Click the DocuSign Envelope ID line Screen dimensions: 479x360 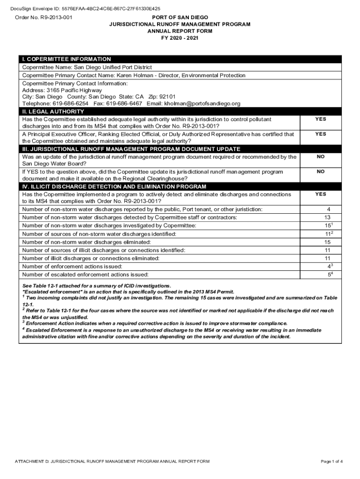click(x=86, y=8)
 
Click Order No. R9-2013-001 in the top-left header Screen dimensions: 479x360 click(x=43, y=17)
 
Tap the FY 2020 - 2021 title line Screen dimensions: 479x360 click(x=180, y=38)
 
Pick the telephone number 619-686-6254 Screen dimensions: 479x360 click(x=70, y=103)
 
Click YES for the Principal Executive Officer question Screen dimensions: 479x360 click(x=320, y=134)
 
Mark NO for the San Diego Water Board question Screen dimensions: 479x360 click(x=320, y=157)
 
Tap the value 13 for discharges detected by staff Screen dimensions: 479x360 click(x=327, y=218)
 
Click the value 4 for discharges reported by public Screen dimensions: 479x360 click(x=329, y=209)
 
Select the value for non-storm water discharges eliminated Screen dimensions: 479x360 click(x=327, y=242)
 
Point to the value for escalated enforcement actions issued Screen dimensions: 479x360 click(x=329, y=275)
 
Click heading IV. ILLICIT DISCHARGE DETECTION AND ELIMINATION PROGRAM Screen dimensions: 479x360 click(x=115, y=187)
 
